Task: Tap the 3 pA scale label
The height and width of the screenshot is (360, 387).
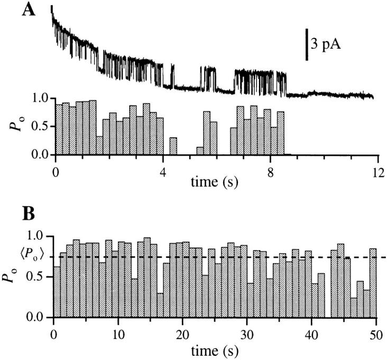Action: pos(325,44)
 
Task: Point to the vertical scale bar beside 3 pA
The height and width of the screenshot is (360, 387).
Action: pos(307,44)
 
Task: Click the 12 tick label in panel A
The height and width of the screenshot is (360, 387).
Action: pos(376,171)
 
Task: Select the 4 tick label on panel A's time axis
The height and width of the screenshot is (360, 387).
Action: pos(163,171)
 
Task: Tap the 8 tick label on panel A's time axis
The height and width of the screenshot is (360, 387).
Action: pos(270,171)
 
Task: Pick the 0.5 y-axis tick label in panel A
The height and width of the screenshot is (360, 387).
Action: pos(40,127)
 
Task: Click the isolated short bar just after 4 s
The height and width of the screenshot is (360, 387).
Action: pos(173,146)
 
